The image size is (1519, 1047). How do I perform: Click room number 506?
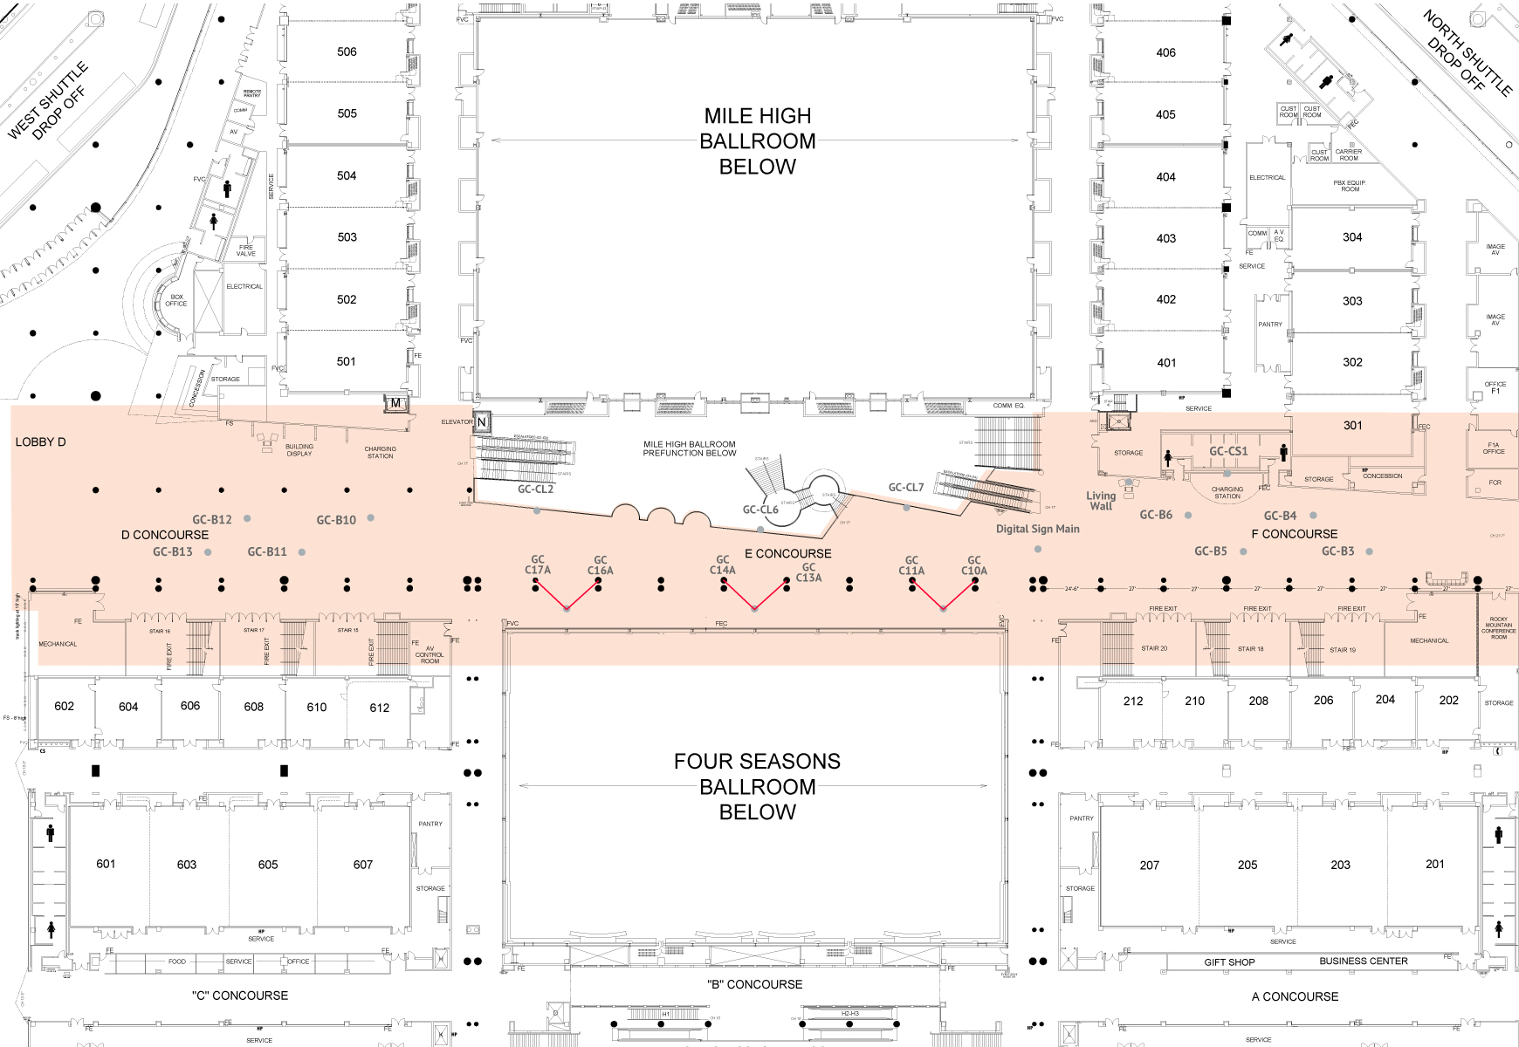pos(347,51)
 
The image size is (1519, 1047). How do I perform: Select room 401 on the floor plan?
pos(1166,363)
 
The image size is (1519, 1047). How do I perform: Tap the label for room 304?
pos(1352,237)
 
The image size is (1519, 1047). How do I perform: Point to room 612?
pos(379,708)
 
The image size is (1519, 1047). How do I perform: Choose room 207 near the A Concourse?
pos(1149,866)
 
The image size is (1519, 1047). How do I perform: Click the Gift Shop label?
pos(1229,962)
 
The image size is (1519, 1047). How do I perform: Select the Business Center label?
pos(1363,961)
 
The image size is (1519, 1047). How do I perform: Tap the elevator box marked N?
pos(481,422)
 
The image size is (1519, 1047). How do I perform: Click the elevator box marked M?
pos(395,403)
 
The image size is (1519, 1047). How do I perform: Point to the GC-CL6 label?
pos(759,510)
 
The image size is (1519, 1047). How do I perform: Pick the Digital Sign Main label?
pos(1037,529)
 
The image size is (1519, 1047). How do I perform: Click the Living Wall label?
pos(1101,501)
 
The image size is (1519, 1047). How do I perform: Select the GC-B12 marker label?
pos(212,520)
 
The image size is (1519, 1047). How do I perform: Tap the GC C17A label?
pos(537,565)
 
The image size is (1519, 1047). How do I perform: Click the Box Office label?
pos(176,300)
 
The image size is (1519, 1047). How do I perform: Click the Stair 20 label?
pos(1153,648)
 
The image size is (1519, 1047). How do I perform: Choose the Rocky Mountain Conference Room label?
pos(1498,628)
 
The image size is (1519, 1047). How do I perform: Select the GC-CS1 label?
pos(1227,451)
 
